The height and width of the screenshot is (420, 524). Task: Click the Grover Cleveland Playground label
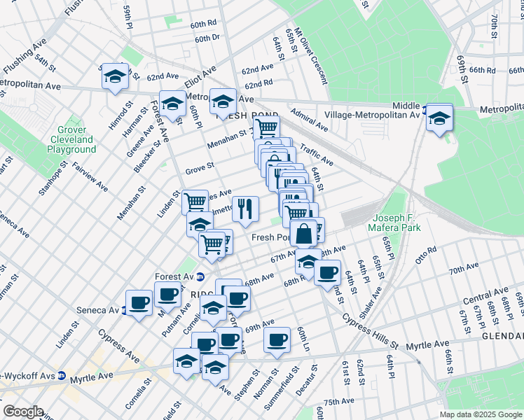click(x=72, y=139)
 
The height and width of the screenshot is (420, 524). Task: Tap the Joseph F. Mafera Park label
click(x=397, y=223)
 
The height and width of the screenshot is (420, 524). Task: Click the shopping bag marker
click(x=303, y=233)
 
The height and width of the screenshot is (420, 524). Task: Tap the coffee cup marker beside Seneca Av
click(x=139, y=302)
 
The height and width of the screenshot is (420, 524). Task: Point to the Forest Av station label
click(x=173, y=276)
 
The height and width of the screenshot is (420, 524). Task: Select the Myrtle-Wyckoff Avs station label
click(x=28, y=376)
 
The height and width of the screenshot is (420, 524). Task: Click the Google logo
click(x=22, y=412)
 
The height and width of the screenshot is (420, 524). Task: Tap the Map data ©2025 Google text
click(x=481, y=414)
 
